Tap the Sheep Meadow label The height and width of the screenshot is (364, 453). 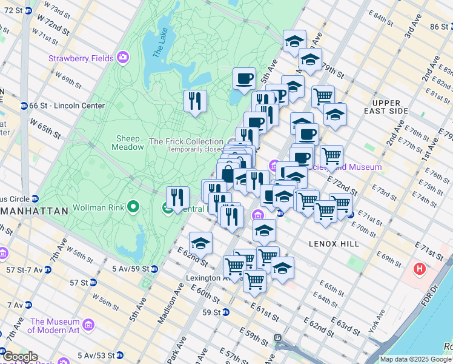click(128, 143)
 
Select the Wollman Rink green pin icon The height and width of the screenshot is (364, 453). click(133, 208)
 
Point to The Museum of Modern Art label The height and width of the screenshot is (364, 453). click(55, 326)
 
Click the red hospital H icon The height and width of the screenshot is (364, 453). click(419, 268)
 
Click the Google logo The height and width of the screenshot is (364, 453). click(19, 357)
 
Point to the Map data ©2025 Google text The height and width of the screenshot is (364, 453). click(415, 359)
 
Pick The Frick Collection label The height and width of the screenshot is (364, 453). click(186, 141)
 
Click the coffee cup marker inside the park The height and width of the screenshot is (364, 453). click(244, 79)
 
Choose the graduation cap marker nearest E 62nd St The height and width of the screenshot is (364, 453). click(200, 244)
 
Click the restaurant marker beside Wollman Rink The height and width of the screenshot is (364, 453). click(177, 197)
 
